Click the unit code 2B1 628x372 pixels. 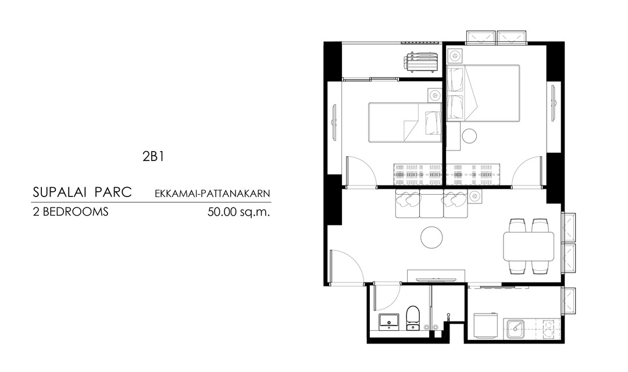click(x=153, y=156)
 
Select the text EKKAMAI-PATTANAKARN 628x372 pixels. click(x=212, y=194)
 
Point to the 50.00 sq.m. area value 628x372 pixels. click(x=239, y=212)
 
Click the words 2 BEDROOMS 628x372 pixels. click(x=70, y=212)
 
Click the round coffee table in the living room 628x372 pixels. click(x=431, y=237)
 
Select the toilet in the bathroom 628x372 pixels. click(x=412, y=319)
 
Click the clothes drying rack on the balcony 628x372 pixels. click(x=420, y=62)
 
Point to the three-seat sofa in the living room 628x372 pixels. click(x=431, y=203)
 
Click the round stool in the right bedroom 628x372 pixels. click(x=469, y=136)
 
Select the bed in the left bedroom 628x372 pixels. click(x=405, y=122)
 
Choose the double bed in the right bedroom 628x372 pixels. click(x=483, y=94)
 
